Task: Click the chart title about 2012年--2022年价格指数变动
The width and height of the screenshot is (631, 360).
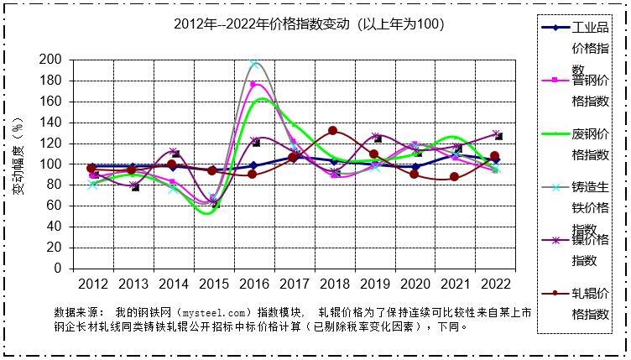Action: (308, 24)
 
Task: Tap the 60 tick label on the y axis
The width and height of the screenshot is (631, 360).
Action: (54, 206)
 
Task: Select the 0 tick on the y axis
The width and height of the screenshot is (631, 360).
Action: (57, 269)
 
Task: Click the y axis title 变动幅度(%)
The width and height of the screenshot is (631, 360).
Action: (18, 164)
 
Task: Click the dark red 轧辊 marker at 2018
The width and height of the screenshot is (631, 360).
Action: (333, 131)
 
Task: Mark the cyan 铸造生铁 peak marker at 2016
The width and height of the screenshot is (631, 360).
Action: (253, 63)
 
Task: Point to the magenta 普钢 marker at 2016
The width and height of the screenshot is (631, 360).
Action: (253, 85)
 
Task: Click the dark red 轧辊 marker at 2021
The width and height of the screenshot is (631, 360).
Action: (455, 177)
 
